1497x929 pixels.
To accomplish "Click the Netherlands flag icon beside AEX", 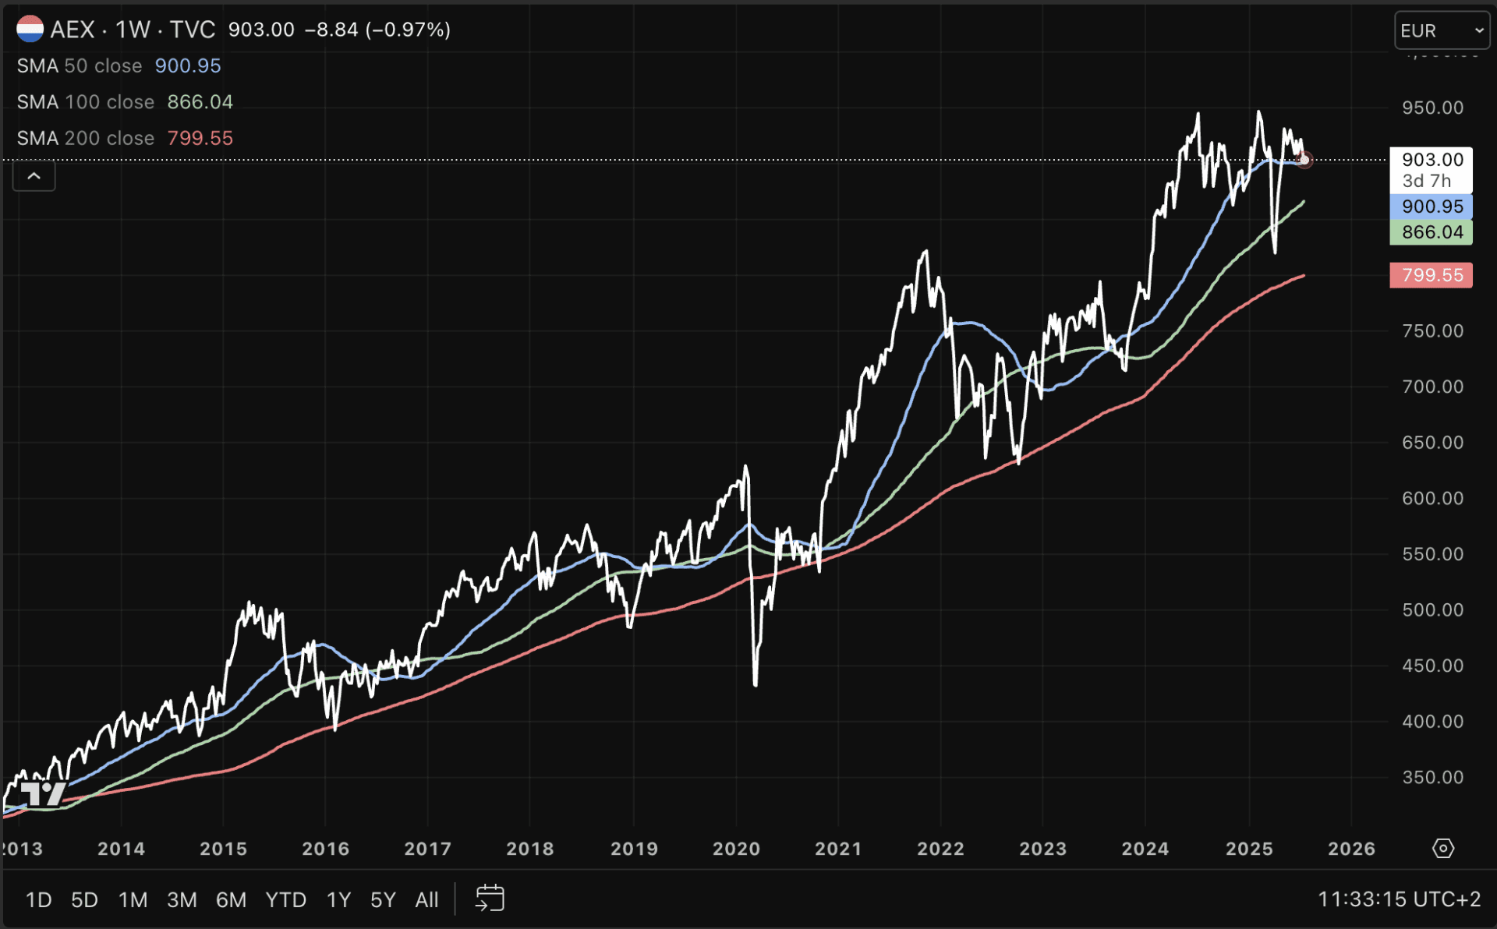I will click(30, 30).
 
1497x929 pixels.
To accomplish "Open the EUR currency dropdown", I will click(1441, 30).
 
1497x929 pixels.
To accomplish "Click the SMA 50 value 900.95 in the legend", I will click(188, 66).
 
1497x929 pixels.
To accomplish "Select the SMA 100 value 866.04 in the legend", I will click(200, 102).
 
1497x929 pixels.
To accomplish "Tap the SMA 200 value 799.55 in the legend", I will click(200, 138).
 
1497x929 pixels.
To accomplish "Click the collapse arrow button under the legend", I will click(34, 176).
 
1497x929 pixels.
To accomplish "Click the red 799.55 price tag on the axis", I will click(1431, 275).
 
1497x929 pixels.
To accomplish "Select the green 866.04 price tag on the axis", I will click(1431, 232).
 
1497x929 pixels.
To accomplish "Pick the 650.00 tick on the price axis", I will click(1432, 443).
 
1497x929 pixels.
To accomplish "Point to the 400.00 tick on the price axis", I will click(1432, 722).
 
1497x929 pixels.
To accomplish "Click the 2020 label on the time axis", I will click(736, 849).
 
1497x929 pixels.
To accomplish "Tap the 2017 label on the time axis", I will click(427, 849).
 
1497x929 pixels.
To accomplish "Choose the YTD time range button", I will click(285, 900).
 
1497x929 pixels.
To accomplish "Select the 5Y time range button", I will click(383, 900).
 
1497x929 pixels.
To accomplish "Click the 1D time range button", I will click(38, 900).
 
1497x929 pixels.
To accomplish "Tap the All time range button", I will click(426, 900).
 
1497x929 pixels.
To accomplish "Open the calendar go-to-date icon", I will click(490, 899).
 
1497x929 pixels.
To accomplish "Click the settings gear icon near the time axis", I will click(1443, 848).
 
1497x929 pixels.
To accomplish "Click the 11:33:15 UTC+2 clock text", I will click(1399, 899).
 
